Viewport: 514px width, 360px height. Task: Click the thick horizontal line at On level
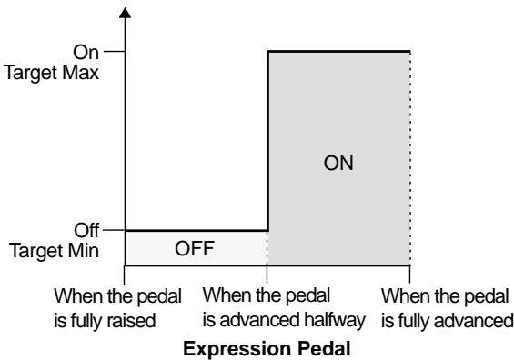pos(338,52)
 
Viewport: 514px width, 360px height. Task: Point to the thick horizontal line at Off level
pos(196,230)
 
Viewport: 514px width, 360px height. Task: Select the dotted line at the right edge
pos(410,164)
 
